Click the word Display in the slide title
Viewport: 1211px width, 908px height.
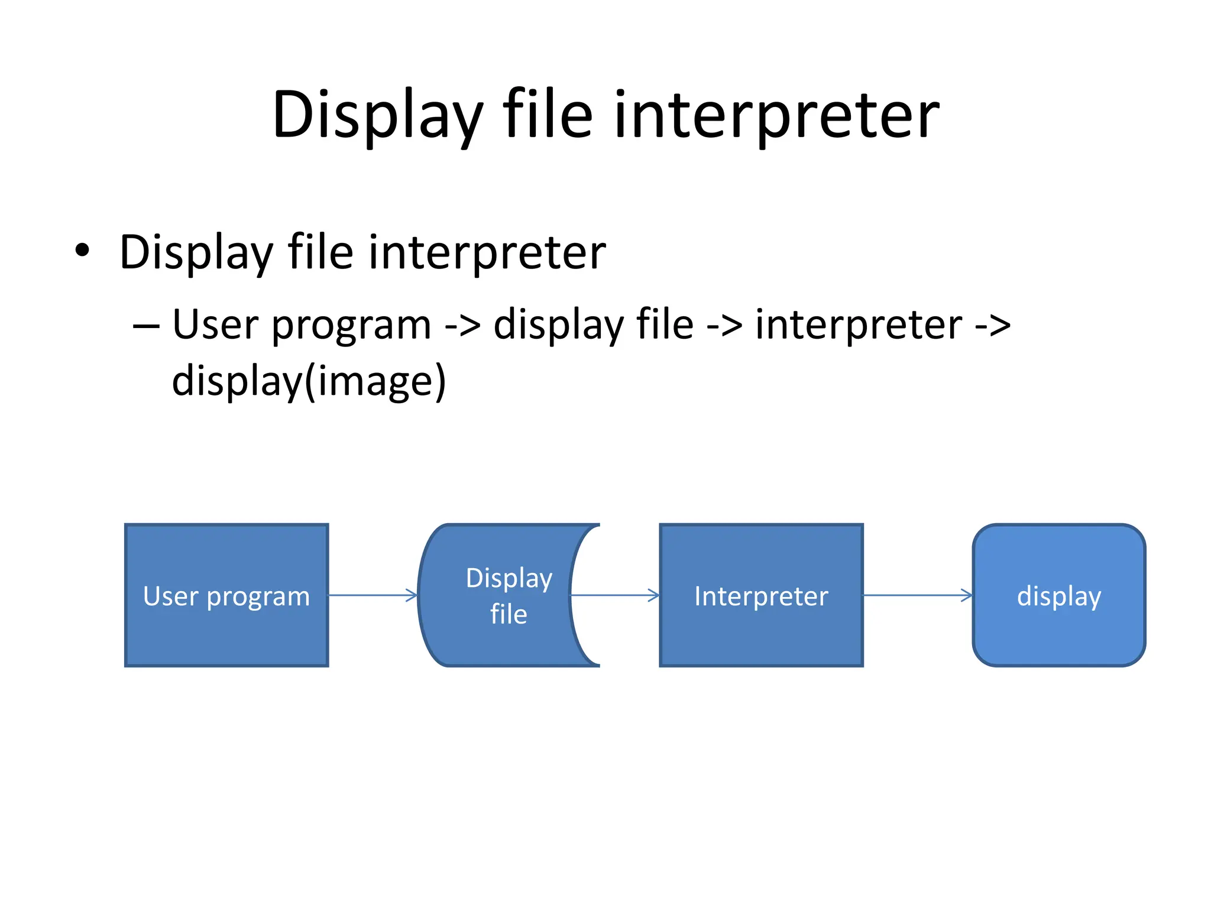coord(377,115)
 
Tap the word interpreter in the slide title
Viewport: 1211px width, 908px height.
coord(776,115)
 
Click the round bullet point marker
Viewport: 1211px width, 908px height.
coord(83,251)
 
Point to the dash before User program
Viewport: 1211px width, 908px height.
coord(146,326)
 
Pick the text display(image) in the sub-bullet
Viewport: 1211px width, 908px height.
coord(309,381)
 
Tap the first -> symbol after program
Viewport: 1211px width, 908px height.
coord(462,326)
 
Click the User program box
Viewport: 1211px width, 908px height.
coord(226,595)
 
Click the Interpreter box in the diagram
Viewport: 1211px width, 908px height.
coord(761,595)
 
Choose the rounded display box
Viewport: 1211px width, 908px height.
coord(1058,595)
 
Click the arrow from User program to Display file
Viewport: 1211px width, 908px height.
coord(373,595)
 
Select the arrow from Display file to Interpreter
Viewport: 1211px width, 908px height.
coord(615,595)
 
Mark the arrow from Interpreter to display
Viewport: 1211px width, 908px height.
coord(918,595)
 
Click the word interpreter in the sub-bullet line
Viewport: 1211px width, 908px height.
coord(859,326)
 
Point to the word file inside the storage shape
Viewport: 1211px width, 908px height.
coord(509,614)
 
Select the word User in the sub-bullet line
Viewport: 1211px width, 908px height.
coord(215,326)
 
